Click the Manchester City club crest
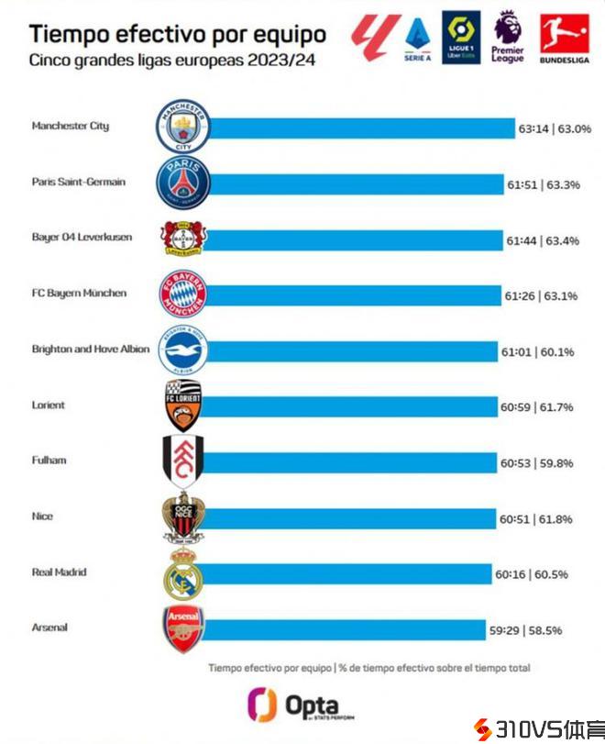click(x=184, y=127)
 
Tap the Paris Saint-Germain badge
click(x=184, y=182)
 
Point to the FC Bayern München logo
click(x=184, y=294)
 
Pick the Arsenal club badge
click(x=182, y=628)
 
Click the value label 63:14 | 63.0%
click(x=554, y=129)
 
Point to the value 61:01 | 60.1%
click(x=536, y=351)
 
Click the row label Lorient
click(x=48, y=405)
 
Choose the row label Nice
click(x=42, y=516)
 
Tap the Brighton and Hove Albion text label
click(x=90, y=350)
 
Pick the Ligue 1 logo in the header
click(x=458, y=36)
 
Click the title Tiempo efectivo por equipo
click(x=178, y=35)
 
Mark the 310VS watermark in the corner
click(x=537, y=729)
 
